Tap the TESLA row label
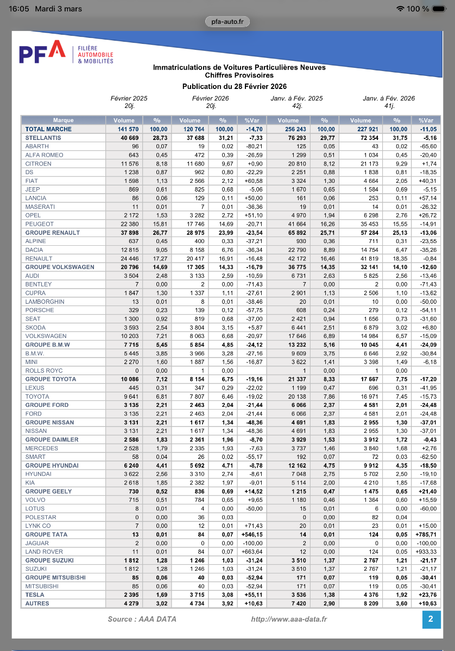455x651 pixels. click(35, 595)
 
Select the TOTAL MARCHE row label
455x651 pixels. click(48, 129)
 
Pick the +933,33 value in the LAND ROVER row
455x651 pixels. click(426, 552)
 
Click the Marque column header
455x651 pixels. click(64, 120)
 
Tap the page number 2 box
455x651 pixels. click(431, 619)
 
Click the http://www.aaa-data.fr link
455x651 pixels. click(289, 619)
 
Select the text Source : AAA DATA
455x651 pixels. click(142, 619)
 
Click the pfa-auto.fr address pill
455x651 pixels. click(227, 21)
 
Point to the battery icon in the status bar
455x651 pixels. click(439, 9)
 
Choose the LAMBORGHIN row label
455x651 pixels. click(45, 302)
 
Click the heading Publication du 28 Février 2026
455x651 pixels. click(235, 86)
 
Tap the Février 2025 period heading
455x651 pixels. click(129, 99)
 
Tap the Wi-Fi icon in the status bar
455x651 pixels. click(401, 9)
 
